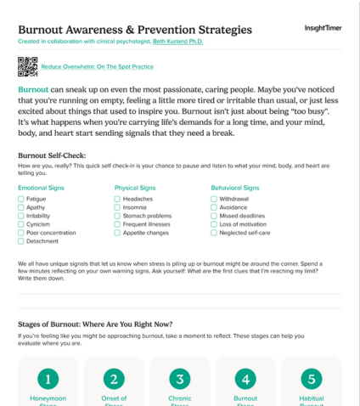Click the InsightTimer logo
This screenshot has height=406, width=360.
tap(323, 28)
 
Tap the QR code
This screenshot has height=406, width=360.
tap(27, 65)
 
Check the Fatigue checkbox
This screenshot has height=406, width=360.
tap(21, 199)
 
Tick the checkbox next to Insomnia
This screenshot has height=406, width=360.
tap(117, 207)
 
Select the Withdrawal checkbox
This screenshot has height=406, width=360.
tap(214, 199)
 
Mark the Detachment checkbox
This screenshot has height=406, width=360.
tap(21, 241)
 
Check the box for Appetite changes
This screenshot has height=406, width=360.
tap(117, 233)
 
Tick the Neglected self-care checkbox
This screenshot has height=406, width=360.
tap(214, 233)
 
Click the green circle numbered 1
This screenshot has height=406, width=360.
tap(48, 378)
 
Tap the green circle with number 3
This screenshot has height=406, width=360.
tap(179, 378)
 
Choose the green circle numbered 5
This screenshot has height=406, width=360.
tap(311, 378)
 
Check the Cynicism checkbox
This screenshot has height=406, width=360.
tap(21, 224)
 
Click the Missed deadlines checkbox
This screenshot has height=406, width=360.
tap(214, 216)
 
